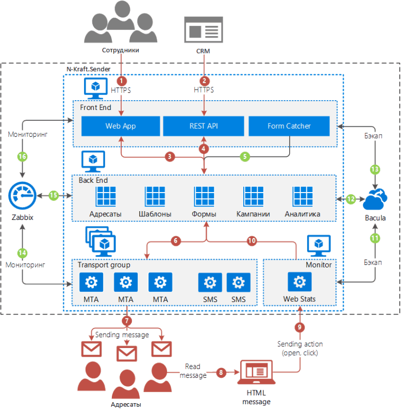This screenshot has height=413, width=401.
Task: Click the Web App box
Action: click(121, 125)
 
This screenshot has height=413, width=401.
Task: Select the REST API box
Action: click(204, 125)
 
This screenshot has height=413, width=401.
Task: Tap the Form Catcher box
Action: click(289, 125)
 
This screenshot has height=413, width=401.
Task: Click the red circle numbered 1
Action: click(122, 81)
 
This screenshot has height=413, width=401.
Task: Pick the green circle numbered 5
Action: click(245, 155)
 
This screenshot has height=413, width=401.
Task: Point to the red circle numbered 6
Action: click(175, 240)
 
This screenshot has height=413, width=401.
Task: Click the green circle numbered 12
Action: click(350, 198)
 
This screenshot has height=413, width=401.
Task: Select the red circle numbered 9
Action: click(298, 326)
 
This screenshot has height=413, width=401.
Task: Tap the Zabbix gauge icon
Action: click(23, 197)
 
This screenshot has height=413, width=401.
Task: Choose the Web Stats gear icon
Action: click(299, 282)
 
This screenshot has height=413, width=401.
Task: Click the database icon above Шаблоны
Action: click(155, 197)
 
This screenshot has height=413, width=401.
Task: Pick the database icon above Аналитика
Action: click(303, 197)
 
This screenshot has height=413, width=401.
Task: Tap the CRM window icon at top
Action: click(205, 28)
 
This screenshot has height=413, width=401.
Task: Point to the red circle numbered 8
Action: click(221, 371)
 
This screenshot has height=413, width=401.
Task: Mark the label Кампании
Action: click(253, 214)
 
